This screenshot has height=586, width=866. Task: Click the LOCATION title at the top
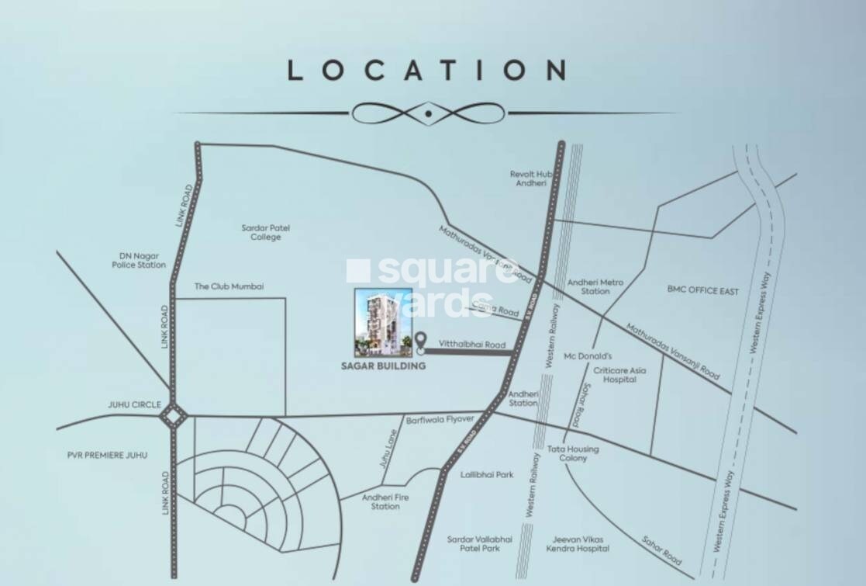[427, 71]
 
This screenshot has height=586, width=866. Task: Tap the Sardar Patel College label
[265, 232]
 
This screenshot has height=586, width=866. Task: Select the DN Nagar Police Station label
[139, 260]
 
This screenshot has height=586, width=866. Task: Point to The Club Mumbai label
[229, 286]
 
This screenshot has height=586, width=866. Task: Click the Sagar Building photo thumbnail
[383, 322]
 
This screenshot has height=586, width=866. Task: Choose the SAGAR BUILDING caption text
[384, 366]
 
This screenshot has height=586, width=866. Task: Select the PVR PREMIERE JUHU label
[107, 455]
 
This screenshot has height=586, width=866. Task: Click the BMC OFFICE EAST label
[703, 291]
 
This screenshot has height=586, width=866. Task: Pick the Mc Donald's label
[588, 357]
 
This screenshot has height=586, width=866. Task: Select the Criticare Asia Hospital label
[619, 375]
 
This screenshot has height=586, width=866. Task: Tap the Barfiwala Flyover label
[440, 419]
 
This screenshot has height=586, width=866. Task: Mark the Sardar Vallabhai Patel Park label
[474, 543]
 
